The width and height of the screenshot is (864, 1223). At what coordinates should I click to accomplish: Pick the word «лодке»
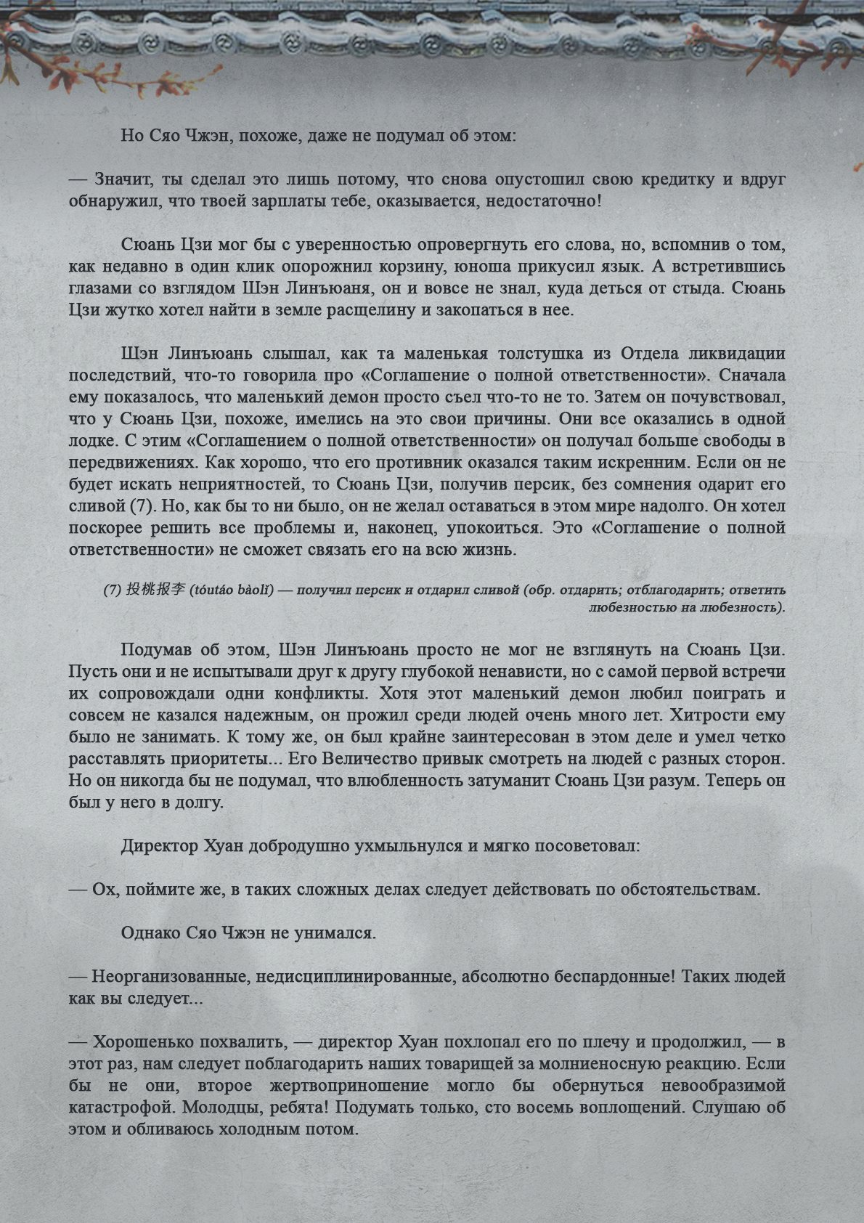coord(94,441)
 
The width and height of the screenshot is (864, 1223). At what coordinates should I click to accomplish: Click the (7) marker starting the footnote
coord(113,590)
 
